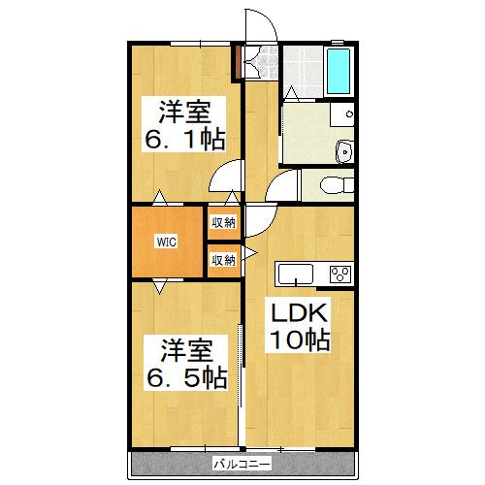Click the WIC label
point(166,242)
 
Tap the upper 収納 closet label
point(223,222)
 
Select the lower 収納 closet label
point(223,259)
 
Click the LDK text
point(299,313)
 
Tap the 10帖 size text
point(299,340)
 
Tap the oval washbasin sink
point(344,150)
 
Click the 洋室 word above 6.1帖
point(186,110)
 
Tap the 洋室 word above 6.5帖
point(186,347)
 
